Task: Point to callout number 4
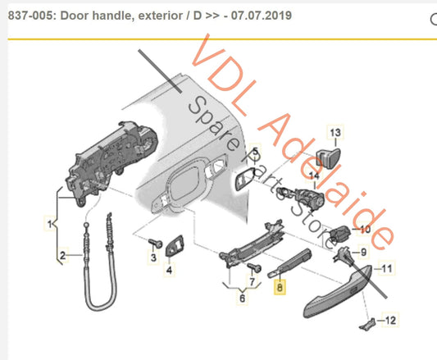click(169, 268)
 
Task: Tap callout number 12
click(390, 319)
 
